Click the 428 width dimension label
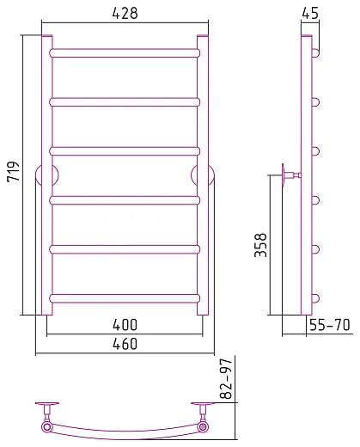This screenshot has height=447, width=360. pyautogui.click(x=125, y=13)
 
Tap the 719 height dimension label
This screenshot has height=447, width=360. pyautogui.click(x=13, y=172)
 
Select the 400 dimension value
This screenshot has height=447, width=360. pyautogui.click(x=125, y=325)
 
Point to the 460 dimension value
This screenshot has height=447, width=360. pyautogui.click(x=125, y=344)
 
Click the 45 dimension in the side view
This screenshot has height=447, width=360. pyautogui.click(x=310, y=13)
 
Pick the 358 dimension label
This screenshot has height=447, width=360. pyautogui.click(x=260, y=245)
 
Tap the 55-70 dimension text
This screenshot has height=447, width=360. pyautogui.click(x=330, y=325)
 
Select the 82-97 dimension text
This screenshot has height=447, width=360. pyautogui.click(x=226, y=379)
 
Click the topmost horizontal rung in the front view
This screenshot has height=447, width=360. pyautogui.click(x=125, y=53)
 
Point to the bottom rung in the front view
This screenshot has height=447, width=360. pyautogui.click(x=125, y=298)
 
